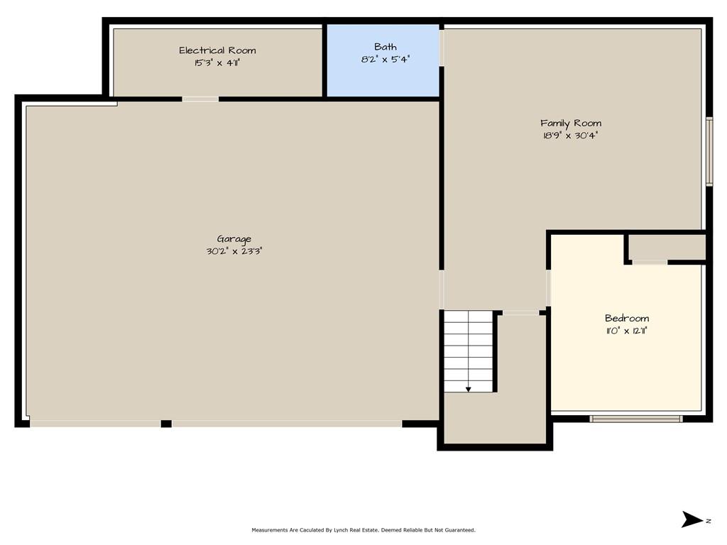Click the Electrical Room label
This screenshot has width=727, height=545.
217,50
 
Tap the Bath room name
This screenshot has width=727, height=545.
386,47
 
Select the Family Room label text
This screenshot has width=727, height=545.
571,123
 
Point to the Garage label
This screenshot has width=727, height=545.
234,239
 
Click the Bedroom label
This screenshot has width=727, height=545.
627,319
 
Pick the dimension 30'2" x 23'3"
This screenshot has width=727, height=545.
234,251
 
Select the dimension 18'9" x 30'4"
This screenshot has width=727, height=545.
571,136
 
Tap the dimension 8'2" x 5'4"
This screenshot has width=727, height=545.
386,60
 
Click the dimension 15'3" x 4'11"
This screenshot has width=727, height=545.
217,63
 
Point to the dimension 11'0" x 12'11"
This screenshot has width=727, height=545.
627,331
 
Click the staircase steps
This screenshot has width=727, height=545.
469,351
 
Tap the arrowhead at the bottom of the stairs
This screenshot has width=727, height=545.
469,390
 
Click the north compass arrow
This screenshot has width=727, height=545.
692,519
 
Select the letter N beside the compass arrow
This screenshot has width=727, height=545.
709,521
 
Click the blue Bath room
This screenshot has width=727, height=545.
383,61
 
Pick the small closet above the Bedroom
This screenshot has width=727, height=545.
667,248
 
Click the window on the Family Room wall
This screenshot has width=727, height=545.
709,152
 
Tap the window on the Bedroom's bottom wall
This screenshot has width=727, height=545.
636,419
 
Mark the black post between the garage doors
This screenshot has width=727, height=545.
166,424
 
